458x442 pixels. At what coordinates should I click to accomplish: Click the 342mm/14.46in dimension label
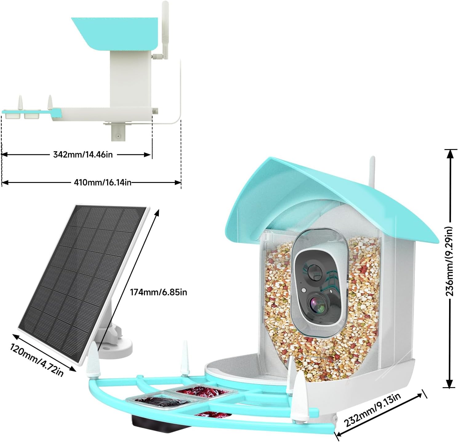point(83,154)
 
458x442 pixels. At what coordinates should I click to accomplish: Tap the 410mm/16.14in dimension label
point(102,182)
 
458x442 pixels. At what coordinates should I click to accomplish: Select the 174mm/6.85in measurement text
point(158,292)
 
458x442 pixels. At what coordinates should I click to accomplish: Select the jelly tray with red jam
point(200,392)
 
